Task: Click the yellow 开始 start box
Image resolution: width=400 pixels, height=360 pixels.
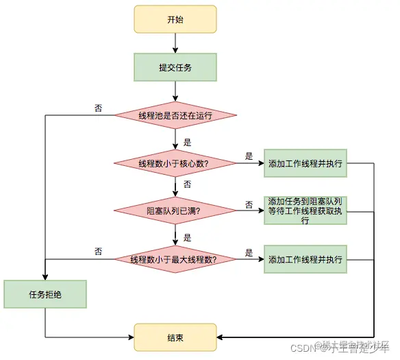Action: pyautogui.click(x=175, y=20)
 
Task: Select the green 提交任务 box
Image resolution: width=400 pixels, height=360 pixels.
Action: pyautogui.click(x=175, y=67)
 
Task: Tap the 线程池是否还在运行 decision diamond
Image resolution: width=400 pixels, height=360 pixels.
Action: pyautogui.click(x=175, y=115)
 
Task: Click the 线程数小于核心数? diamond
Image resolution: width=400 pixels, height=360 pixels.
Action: pyautogui.click(x=175, y=163)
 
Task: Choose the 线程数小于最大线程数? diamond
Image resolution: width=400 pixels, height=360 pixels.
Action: pyautogui.click(x=175, y=259)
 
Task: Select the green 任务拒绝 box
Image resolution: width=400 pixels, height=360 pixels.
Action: pyautogui.click(x=45, y=294)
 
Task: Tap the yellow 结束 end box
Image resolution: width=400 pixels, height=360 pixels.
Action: pyautogui.click(x=175, y=337)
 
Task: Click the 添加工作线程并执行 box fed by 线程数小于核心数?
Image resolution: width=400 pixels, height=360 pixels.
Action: pyautogui.click(x=305, y=163)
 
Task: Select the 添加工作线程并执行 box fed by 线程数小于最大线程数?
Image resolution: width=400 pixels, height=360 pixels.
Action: pyautogui.click(x=305, y=259)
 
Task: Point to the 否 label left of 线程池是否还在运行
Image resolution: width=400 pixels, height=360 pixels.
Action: pyautogui.click(x=99, y=108)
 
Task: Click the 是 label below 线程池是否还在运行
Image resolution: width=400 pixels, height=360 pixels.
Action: pyautogui.click(x=187, y=143)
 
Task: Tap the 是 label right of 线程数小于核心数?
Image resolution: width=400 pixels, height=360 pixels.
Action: pyautogui.click(x=249, y=156)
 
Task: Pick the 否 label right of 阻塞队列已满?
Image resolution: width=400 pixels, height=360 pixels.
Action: pyautogui.click(x=249, y=204)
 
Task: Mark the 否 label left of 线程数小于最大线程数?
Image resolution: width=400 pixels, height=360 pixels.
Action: pyautogui.click(x=99, y=252)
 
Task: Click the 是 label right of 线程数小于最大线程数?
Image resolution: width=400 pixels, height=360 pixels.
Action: pyautogui.click(x=249, y=252)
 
